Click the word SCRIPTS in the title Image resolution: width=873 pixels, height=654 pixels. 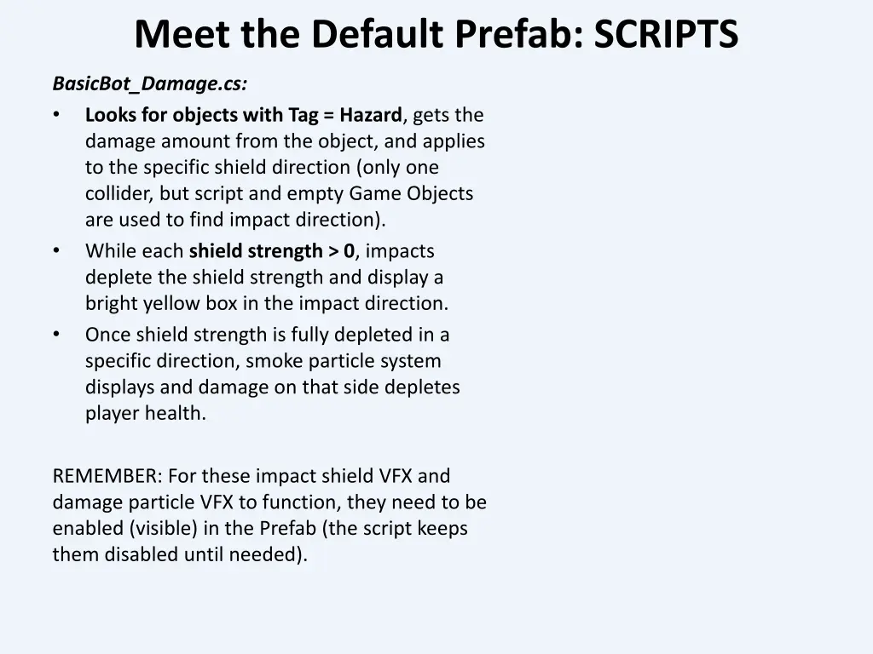tap(666, 35)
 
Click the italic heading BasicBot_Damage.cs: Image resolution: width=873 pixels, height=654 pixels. tap(150, 83)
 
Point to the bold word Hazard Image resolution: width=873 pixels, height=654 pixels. tap(370, 115)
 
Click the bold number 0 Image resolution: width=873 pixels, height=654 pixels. tap(349, 251)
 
